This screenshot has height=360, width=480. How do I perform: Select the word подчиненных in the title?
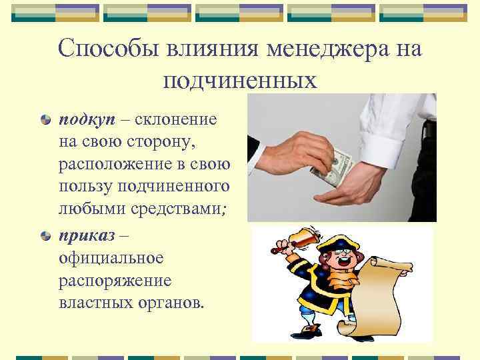pyautogui.click(x=240, y=81)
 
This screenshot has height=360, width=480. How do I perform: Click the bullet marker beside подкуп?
pyautogui.click(x=45, y=120)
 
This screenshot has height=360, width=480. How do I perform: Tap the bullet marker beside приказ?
pyautogui.click(x=45, y=235)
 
